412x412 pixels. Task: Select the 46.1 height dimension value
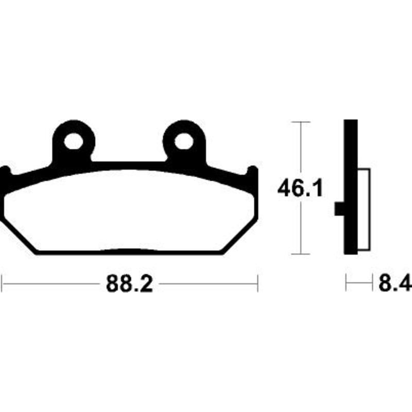300,189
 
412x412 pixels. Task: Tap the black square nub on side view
339,209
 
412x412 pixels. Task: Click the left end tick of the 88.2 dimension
3,283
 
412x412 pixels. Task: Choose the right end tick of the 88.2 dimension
257,283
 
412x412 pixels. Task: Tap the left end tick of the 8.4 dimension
346,283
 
